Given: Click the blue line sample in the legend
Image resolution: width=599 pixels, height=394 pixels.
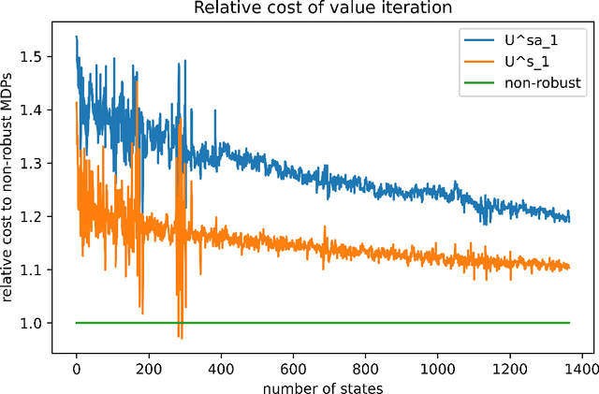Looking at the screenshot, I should click(x=476, y=41).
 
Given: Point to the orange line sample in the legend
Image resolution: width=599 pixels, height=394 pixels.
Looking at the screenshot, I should click(x=476, y=62).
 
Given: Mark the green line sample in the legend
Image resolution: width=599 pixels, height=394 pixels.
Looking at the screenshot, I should click(x=476, y=82).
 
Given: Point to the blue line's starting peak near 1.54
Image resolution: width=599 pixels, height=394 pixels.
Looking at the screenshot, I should click(x=77, y=36).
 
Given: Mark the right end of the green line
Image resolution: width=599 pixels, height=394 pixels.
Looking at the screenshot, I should click(x=569, y=323).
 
